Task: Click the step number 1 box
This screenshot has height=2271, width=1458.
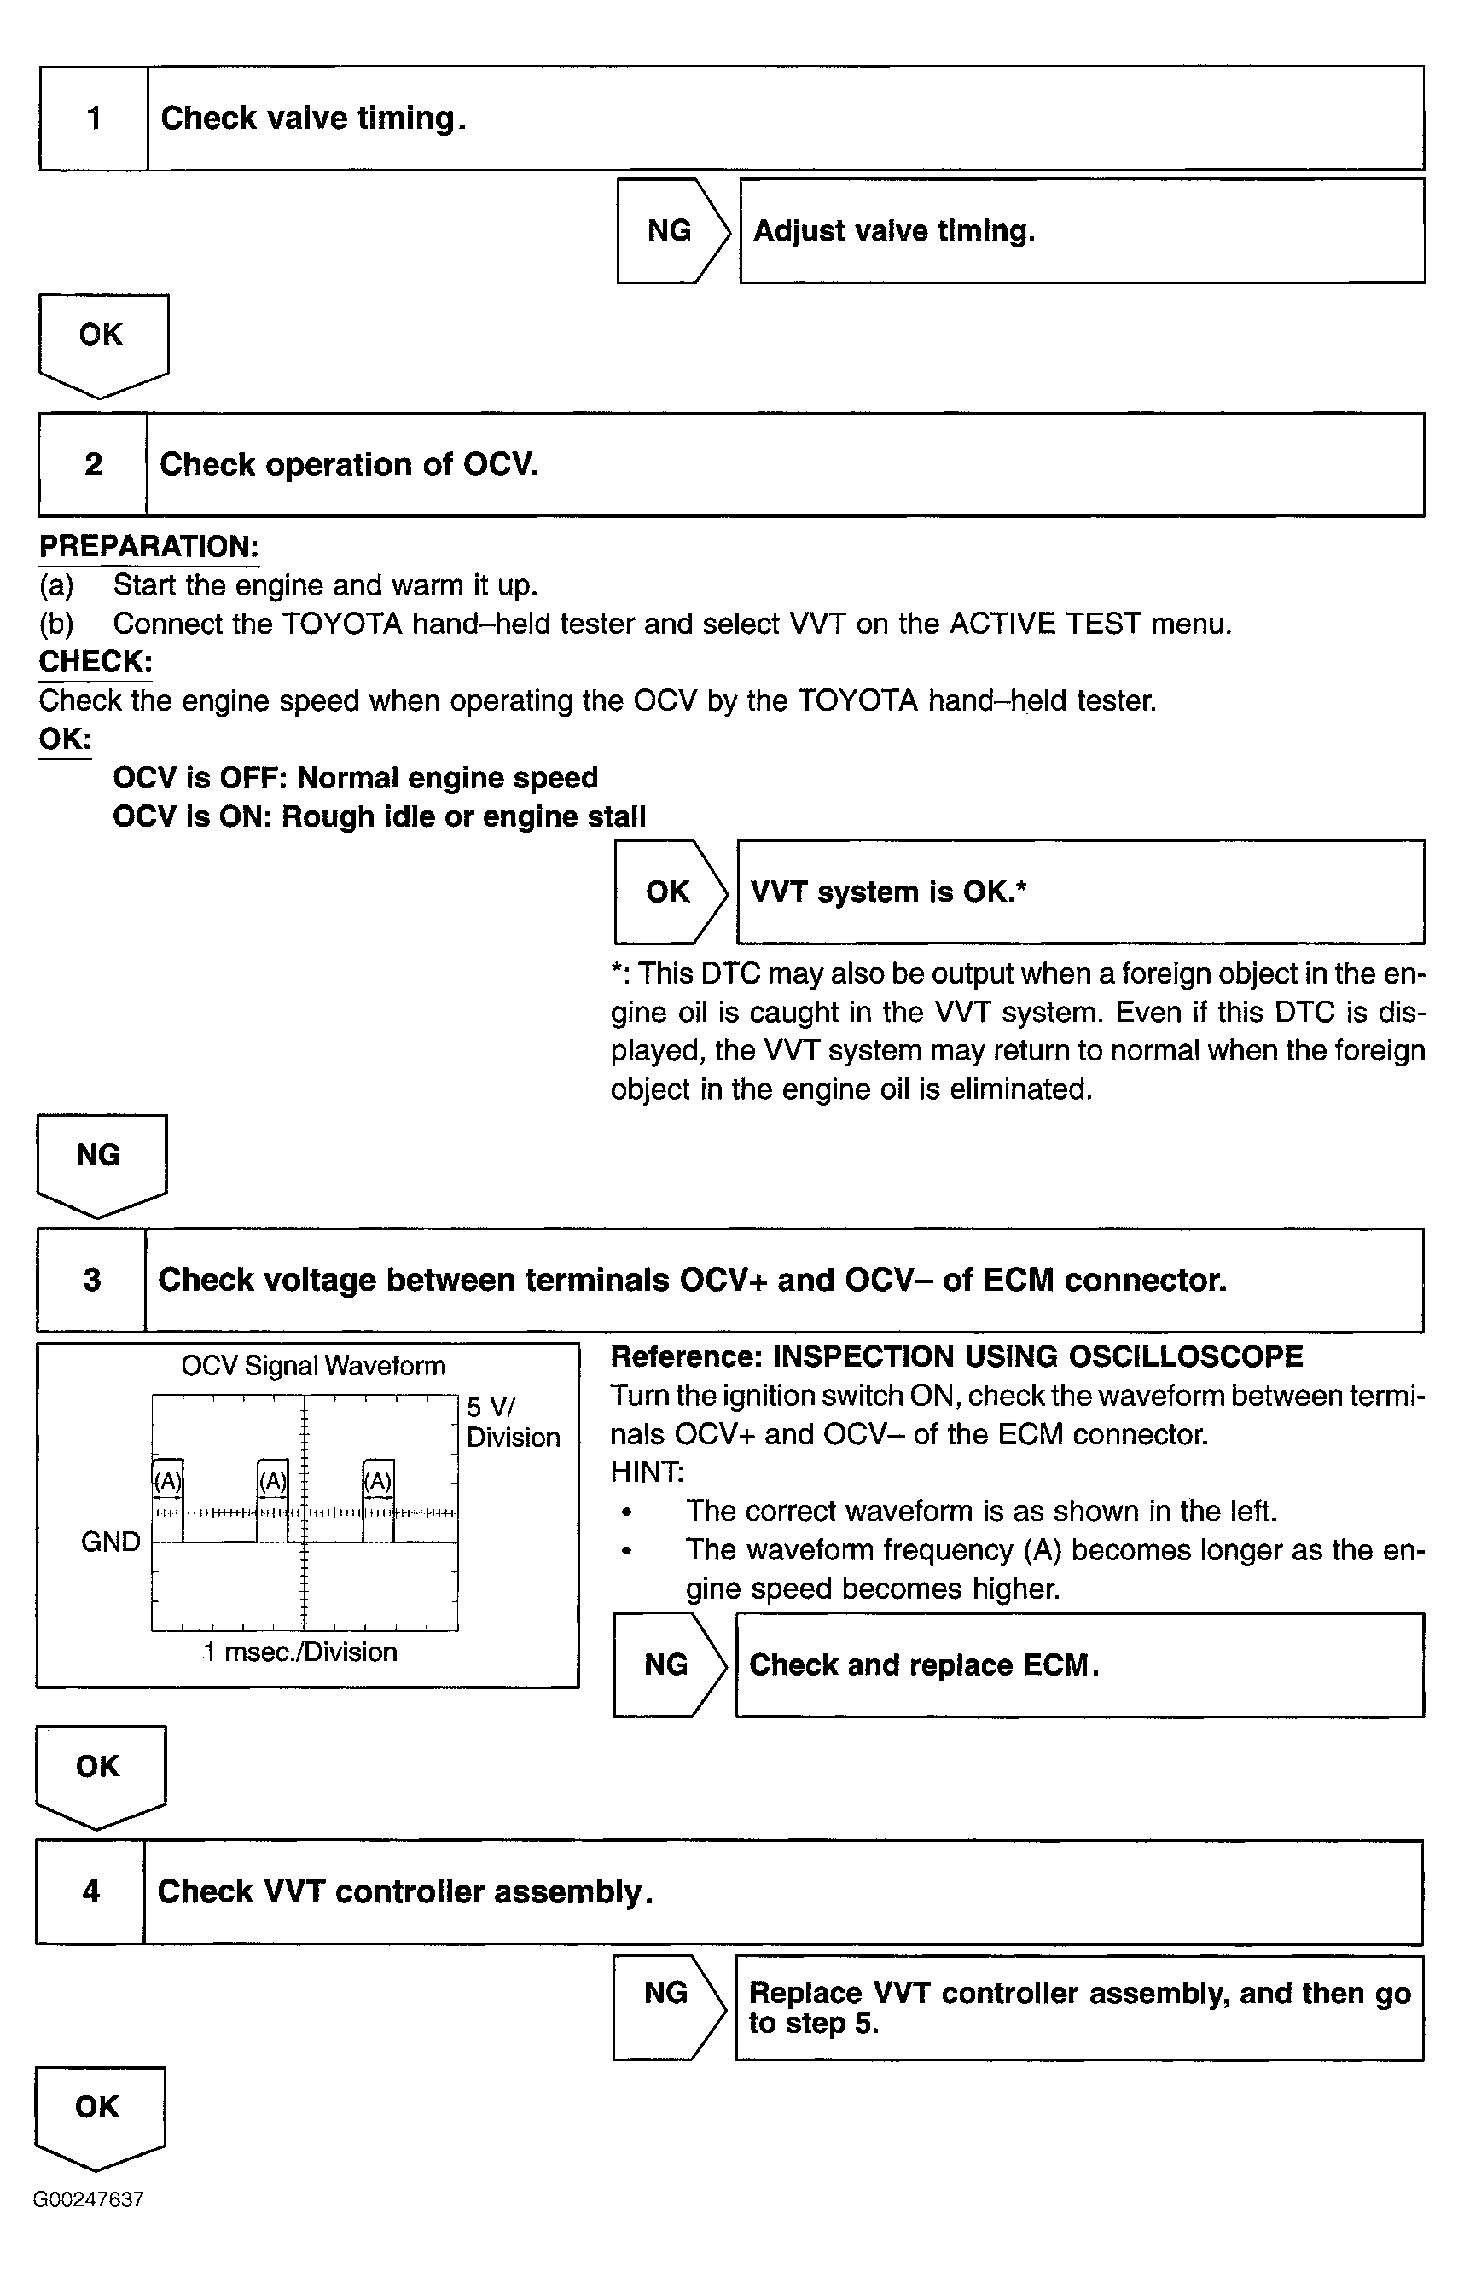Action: point(94,119)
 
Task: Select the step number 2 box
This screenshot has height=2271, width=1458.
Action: point(93,464)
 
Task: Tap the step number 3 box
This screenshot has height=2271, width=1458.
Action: point(92,1280)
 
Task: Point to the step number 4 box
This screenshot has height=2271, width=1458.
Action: point(91,1891)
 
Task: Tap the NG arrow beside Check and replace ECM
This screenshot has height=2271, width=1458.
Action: point(667,1665)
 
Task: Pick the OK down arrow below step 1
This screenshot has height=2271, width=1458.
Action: point(102,340)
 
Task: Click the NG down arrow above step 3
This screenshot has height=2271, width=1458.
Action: point(101,1160)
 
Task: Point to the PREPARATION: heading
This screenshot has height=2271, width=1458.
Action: point(148,546)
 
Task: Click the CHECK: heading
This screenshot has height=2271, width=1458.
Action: point(96,662)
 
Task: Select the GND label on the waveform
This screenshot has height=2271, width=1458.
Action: point(111,1541)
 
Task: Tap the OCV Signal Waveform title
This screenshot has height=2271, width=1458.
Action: point(313,1366)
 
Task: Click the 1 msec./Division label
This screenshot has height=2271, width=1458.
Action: point(300,1652)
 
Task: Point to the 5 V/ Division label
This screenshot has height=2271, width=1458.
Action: point(512,1422)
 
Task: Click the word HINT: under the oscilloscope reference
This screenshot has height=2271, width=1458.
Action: point(647,1472)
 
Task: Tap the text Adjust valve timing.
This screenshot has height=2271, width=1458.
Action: point(894,231)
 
